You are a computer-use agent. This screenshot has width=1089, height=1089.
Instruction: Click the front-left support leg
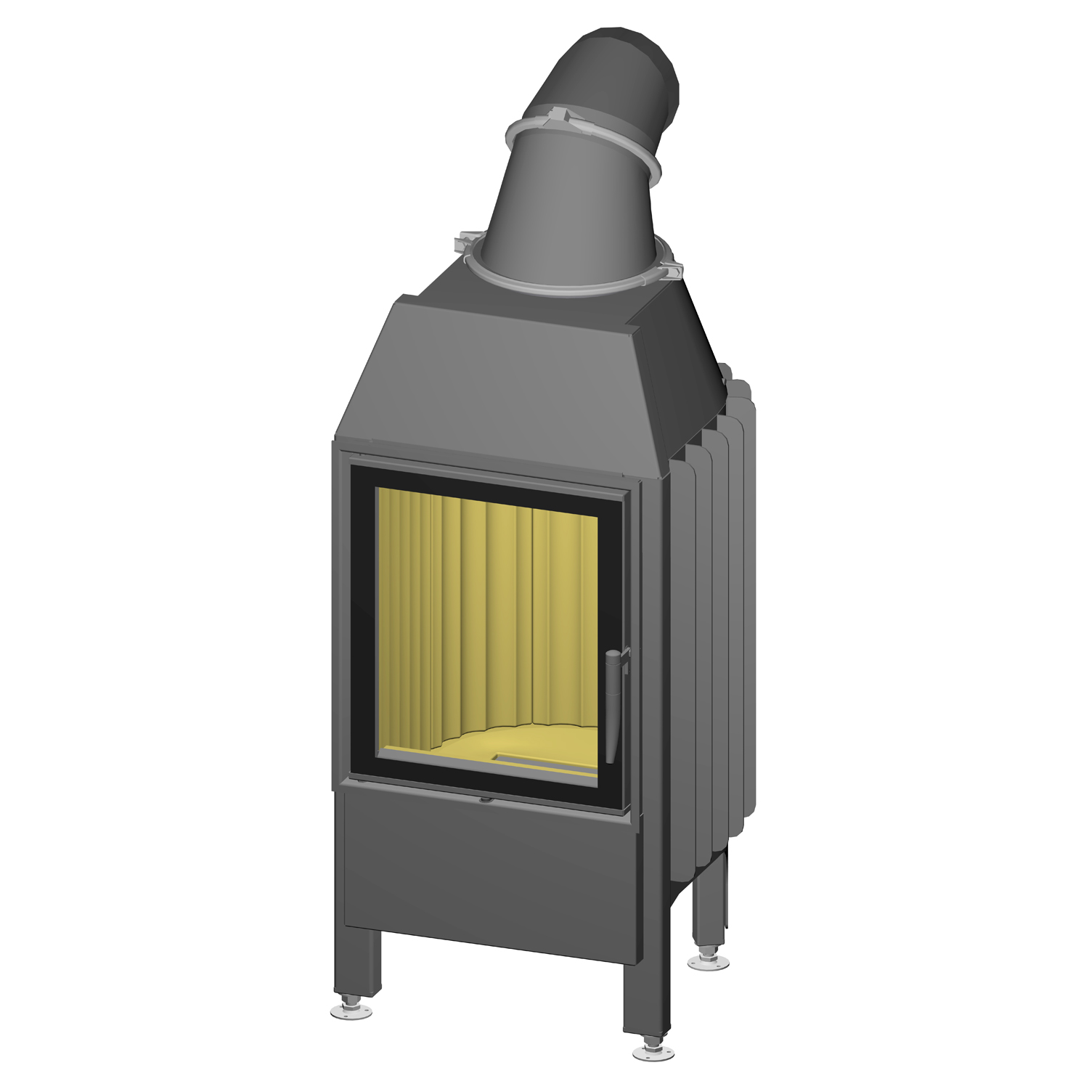(x=359, y=962)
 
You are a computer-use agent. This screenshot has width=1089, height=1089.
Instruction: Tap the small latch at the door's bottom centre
(x=484, y=801)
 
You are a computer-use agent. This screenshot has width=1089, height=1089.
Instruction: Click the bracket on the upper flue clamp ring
(x=563, y=116)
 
